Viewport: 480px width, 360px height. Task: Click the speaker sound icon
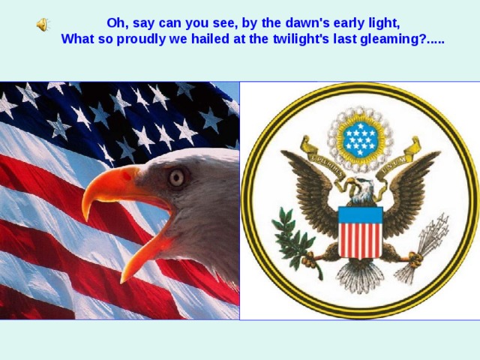43,25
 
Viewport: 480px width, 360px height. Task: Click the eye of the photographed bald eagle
177,178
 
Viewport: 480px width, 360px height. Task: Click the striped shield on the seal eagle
360,232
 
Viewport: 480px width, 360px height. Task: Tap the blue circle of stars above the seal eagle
360,139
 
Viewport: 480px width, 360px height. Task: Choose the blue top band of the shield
360,215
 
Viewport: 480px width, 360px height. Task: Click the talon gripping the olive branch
310,259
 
